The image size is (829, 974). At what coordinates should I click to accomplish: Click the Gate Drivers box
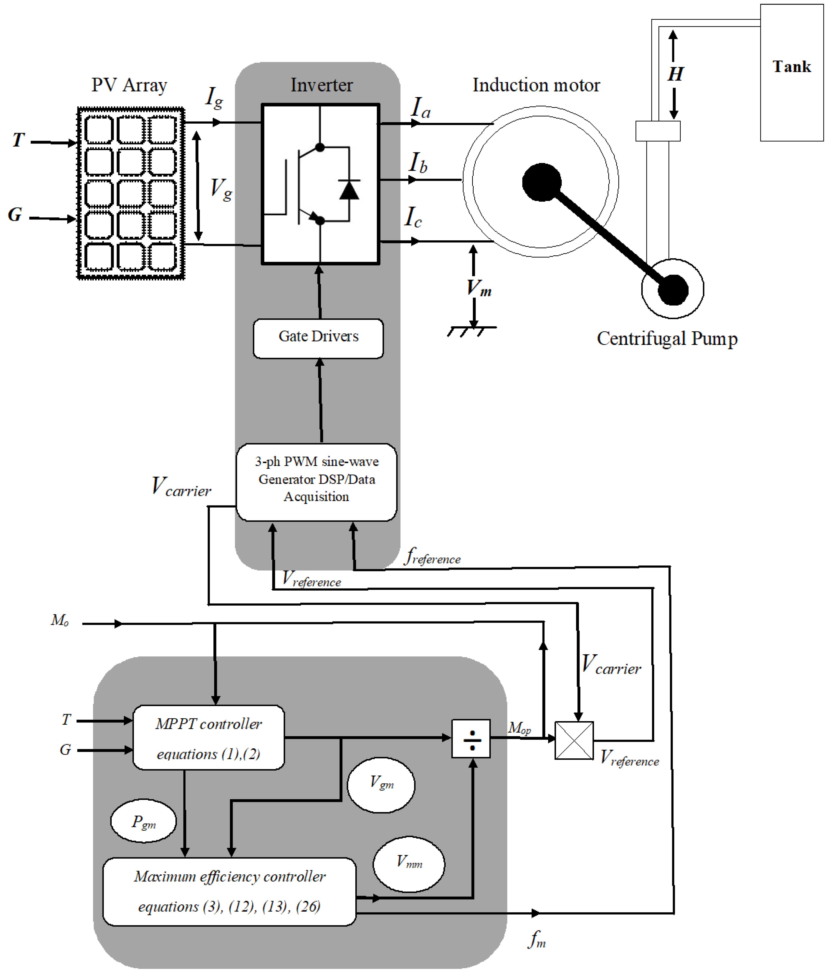pos(318,338)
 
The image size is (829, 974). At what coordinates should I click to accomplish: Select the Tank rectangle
pos(792,73)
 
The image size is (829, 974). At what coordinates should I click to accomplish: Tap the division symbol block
pos(471,739)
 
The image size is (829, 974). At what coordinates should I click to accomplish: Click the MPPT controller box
pos(209,737)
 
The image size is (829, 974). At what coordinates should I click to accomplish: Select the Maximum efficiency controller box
pos(229,892)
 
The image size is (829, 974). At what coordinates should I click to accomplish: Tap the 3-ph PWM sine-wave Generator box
pos(316,482)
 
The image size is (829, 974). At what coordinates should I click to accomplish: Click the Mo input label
pos(60,620)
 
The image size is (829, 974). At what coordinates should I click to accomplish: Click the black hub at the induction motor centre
pos(542,182)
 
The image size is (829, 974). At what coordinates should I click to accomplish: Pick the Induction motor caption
pos(536,85)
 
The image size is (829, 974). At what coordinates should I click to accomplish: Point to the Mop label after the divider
pos(519,728)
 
